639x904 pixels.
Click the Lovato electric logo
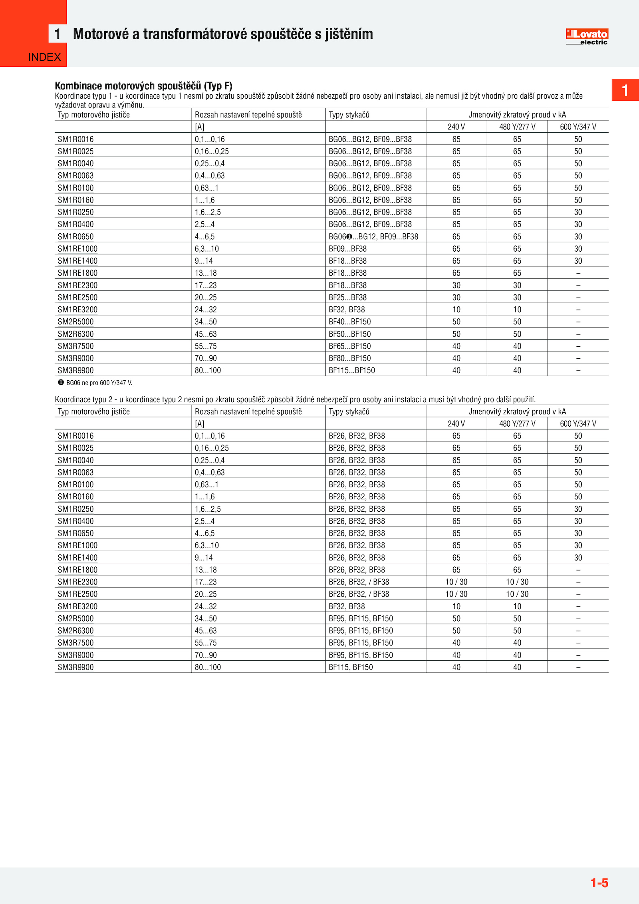(587, 37)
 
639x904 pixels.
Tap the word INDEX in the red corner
(44, 57)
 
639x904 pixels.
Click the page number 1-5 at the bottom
(599, 882)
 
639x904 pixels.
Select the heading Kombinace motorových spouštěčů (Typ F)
(143, 86)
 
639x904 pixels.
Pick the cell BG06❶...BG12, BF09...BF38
(373, 236)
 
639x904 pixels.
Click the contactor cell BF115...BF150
(351, 370)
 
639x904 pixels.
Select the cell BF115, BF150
(350, 667)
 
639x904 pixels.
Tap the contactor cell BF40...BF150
(349, 322)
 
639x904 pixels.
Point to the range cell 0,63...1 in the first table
(206, 188)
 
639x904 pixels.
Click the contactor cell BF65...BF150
(349, 346)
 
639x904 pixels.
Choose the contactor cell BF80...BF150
(349, 358)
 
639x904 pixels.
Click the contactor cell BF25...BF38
(347, 297)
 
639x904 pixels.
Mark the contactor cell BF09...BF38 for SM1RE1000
(347, 248)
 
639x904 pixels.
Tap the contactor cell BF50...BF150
(349, 334)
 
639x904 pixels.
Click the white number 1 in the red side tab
(625, 90)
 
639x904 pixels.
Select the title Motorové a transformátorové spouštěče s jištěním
(223, 34)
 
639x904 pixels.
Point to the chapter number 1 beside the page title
(58, 34)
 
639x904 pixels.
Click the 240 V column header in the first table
(456, 127)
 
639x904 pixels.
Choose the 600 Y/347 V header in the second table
(578, 423)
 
